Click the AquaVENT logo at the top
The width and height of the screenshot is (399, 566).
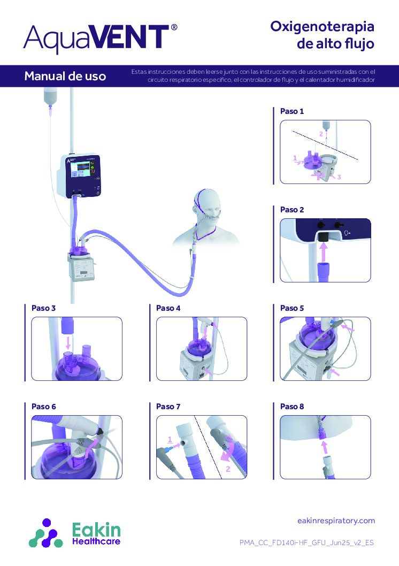coord(101,38)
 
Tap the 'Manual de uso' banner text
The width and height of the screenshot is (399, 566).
coord(65,77)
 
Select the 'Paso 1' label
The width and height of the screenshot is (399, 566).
coord(292,111)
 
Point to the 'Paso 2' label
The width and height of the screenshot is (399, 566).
coord(292,210)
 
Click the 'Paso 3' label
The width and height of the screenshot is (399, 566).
coord(44,308)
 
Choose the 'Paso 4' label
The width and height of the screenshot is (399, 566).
coord(168,308)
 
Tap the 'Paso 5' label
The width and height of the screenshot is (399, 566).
coord(292,308)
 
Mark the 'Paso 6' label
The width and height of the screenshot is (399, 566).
coord(44,407)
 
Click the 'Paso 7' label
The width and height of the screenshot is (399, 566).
coord(168,407)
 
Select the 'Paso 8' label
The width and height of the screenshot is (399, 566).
coord(292,407)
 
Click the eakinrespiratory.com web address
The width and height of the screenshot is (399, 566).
coord(335,521)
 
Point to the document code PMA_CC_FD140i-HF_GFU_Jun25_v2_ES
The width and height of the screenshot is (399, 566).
coord(306,542)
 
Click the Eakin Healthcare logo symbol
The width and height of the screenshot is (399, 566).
coord(46,532)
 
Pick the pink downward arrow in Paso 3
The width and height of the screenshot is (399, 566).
coord(67,341)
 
